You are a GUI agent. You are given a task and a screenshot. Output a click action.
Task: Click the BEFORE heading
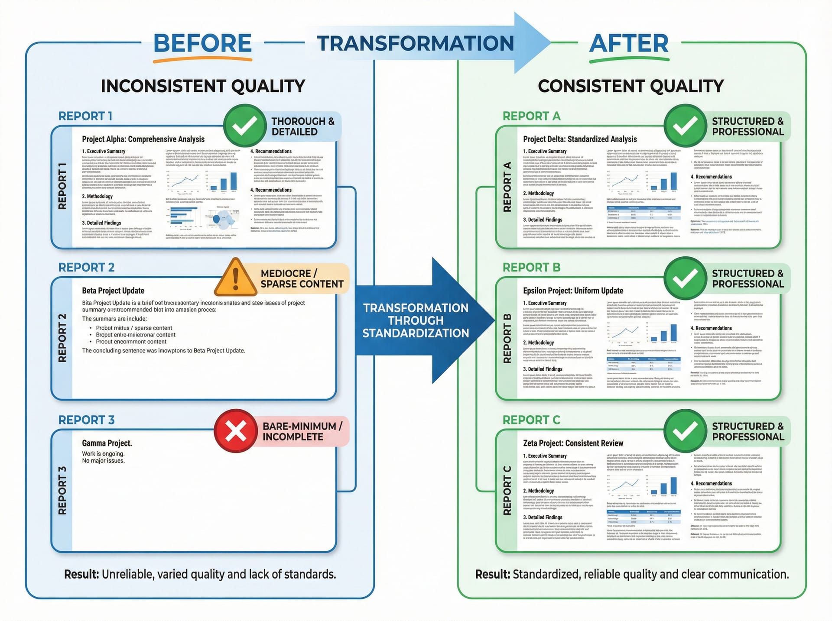point(202,43)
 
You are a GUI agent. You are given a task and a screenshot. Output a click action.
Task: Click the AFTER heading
point(629,43)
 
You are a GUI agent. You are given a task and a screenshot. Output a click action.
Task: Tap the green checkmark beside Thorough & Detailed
point(245,126)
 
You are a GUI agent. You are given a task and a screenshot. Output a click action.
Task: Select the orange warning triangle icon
point(235,277)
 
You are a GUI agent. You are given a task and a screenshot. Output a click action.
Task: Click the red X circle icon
point(236,431)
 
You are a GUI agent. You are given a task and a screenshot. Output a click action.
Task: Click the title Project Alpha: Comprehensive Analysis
point(143,139)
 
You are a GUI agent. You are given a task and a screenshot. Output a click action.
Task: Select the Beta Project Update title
point(113,291)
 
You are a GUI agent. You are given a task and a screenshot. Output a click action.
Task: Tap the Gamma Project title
point(107,443)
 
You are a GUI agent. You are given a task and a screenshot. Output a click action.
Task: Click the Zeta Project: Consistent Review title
point(573,443)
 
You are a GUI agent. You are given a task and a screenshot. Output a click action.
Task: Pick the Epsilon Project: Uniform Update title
point(573,291)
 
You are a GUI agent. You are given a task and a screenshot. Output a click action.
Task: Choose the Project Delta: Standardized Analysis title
point(580,139)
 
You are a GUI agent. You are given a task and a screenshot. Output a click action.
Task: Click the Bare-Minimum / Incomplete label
point(302,431)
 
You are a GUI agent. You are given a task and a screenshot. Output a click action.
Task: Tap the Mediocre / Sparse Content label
point(302,279)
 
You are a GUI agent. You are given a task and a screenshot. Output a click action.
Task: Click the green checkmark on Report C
point(685,431)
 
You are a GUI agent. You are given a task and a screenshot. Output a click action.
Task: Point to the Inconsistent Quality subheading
point(203,86)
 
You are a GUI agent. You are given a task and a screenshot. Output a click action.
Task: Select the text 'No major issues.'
point(104,461)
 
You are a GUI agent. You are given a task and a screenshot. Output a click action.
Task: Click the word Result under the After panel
point(492,574)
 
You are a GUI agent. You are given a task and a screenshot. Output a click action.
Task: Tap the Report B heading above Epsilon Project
point(531,268)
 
